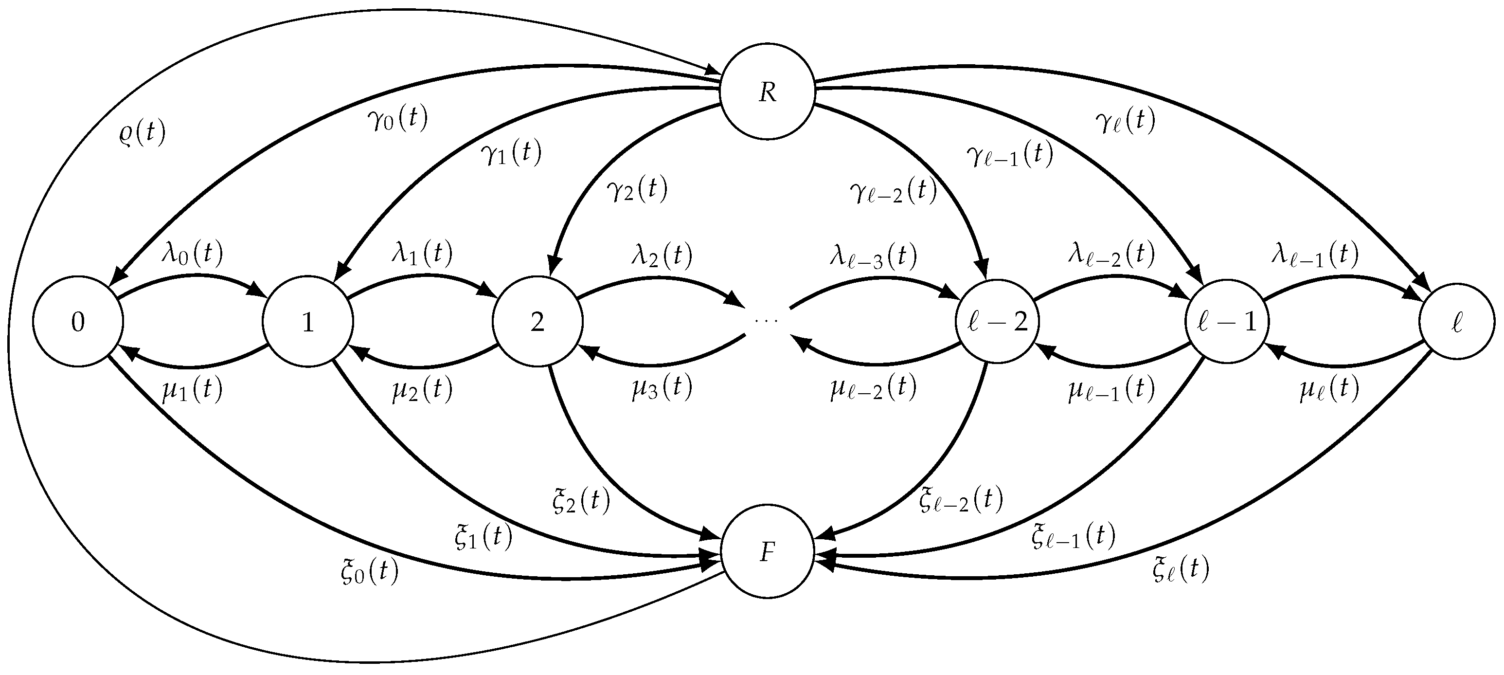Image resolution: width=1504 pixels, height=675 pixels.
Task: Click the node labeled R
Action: pyautogui.click(x=767, y=91)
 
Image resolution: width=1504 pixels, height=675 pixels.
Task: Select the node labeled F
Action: pyautogui.click(x=767, y=552)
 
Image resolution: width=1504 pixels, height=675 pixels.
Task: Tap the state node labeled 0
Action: pyautogui.click(x=78, y=321)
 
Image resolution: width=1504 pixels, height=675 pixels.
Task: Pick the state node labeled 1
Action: pyautogui.click(x=308, y=321)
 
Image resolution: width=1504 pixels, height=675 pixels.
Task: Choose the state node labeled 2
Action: pyautogui.click(x=537, y=321)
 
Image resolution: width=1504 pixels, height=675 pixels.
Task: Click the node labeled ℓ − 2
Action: pyautogui.click(x=997, y=321)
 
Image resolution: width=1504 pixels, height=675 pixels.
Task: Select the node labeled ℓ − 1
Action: pyautogui.click(x=1227, y=321)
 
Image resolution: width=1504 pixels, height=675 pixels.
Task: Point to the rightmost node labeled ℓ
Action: pyautogui.click(x=1457, y=321)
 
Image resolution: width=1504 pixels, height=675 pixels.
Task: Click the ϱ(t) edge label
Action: pyautogui.click(x=142, y=133)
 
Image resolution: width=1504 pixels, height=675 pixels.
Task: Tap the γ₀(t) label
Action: pyautogui.click(x=397, y=119)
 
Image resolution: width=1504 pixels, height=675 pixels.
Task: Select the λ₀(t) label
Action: pyautogui.click(x=193, y=254)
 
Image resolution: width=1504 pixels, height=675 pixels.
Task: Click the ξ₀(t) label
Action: pyautogui.click(x=370, y=572)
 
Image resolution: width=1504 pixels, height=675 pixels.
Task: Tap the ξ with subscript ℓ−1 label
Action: pyautogui.click(x=1073, y=536)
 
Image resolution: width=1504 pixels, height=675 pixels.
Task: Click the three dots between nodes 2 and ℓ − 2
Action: pyautogui.click(x=767, y=321)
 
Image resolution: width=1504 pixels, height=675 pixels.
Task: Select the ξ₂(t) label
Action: pyautogui.click(x=581, y=500)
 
